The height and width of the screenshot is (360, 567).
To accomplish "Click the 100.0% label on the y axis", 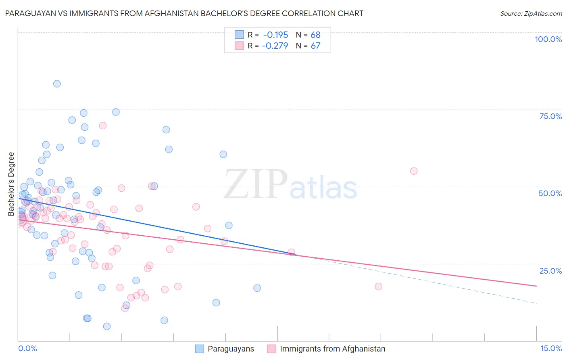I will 548,39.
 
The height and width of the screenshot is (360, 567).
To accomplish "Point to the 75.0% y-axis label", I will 550,116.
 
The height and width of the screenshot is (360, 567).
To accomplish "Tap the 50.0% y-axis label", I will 550,193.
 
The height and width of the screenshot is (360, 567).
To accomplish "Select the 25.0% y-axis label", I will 550,271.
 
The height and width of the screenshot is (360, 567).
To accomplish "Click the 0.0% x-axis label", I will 27,349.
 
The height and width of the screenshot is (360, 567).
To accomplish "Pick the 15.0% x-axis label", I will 551,349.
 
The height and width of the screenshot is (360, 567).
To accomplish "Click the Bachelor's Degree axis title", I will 11,184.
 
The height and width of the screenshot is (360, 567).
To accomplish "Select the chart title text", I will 184,14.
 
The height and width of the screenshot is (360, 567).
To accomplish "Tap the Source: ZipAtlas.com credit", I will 531,14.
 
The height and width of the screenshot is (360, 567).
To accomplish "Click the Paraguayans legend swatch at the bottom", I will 199,349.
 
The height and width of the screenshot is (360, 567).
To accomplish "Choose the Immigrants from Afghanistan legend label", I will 332,349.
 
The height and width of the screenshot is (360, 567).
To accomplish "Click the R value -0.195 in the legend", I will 275,35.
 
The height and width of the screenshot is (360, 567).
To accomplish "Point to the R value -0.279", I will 275,46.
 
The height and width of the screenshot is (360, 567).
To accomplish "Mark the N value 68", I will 315,35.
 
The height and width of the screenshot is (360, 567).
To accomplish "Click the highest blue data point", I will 57,84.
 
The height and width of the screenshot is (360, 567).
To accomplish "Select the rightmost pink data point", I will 414,171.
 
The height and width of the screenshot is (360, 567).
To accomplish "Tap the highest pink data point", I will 103,126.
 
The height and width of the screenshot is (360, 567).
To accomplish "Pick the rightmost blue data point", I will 257,288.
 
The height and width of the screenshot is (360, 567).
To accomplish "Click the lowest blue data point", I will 107,327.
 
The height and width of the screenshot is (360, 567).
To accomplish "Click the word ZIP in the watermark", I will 256,184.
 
